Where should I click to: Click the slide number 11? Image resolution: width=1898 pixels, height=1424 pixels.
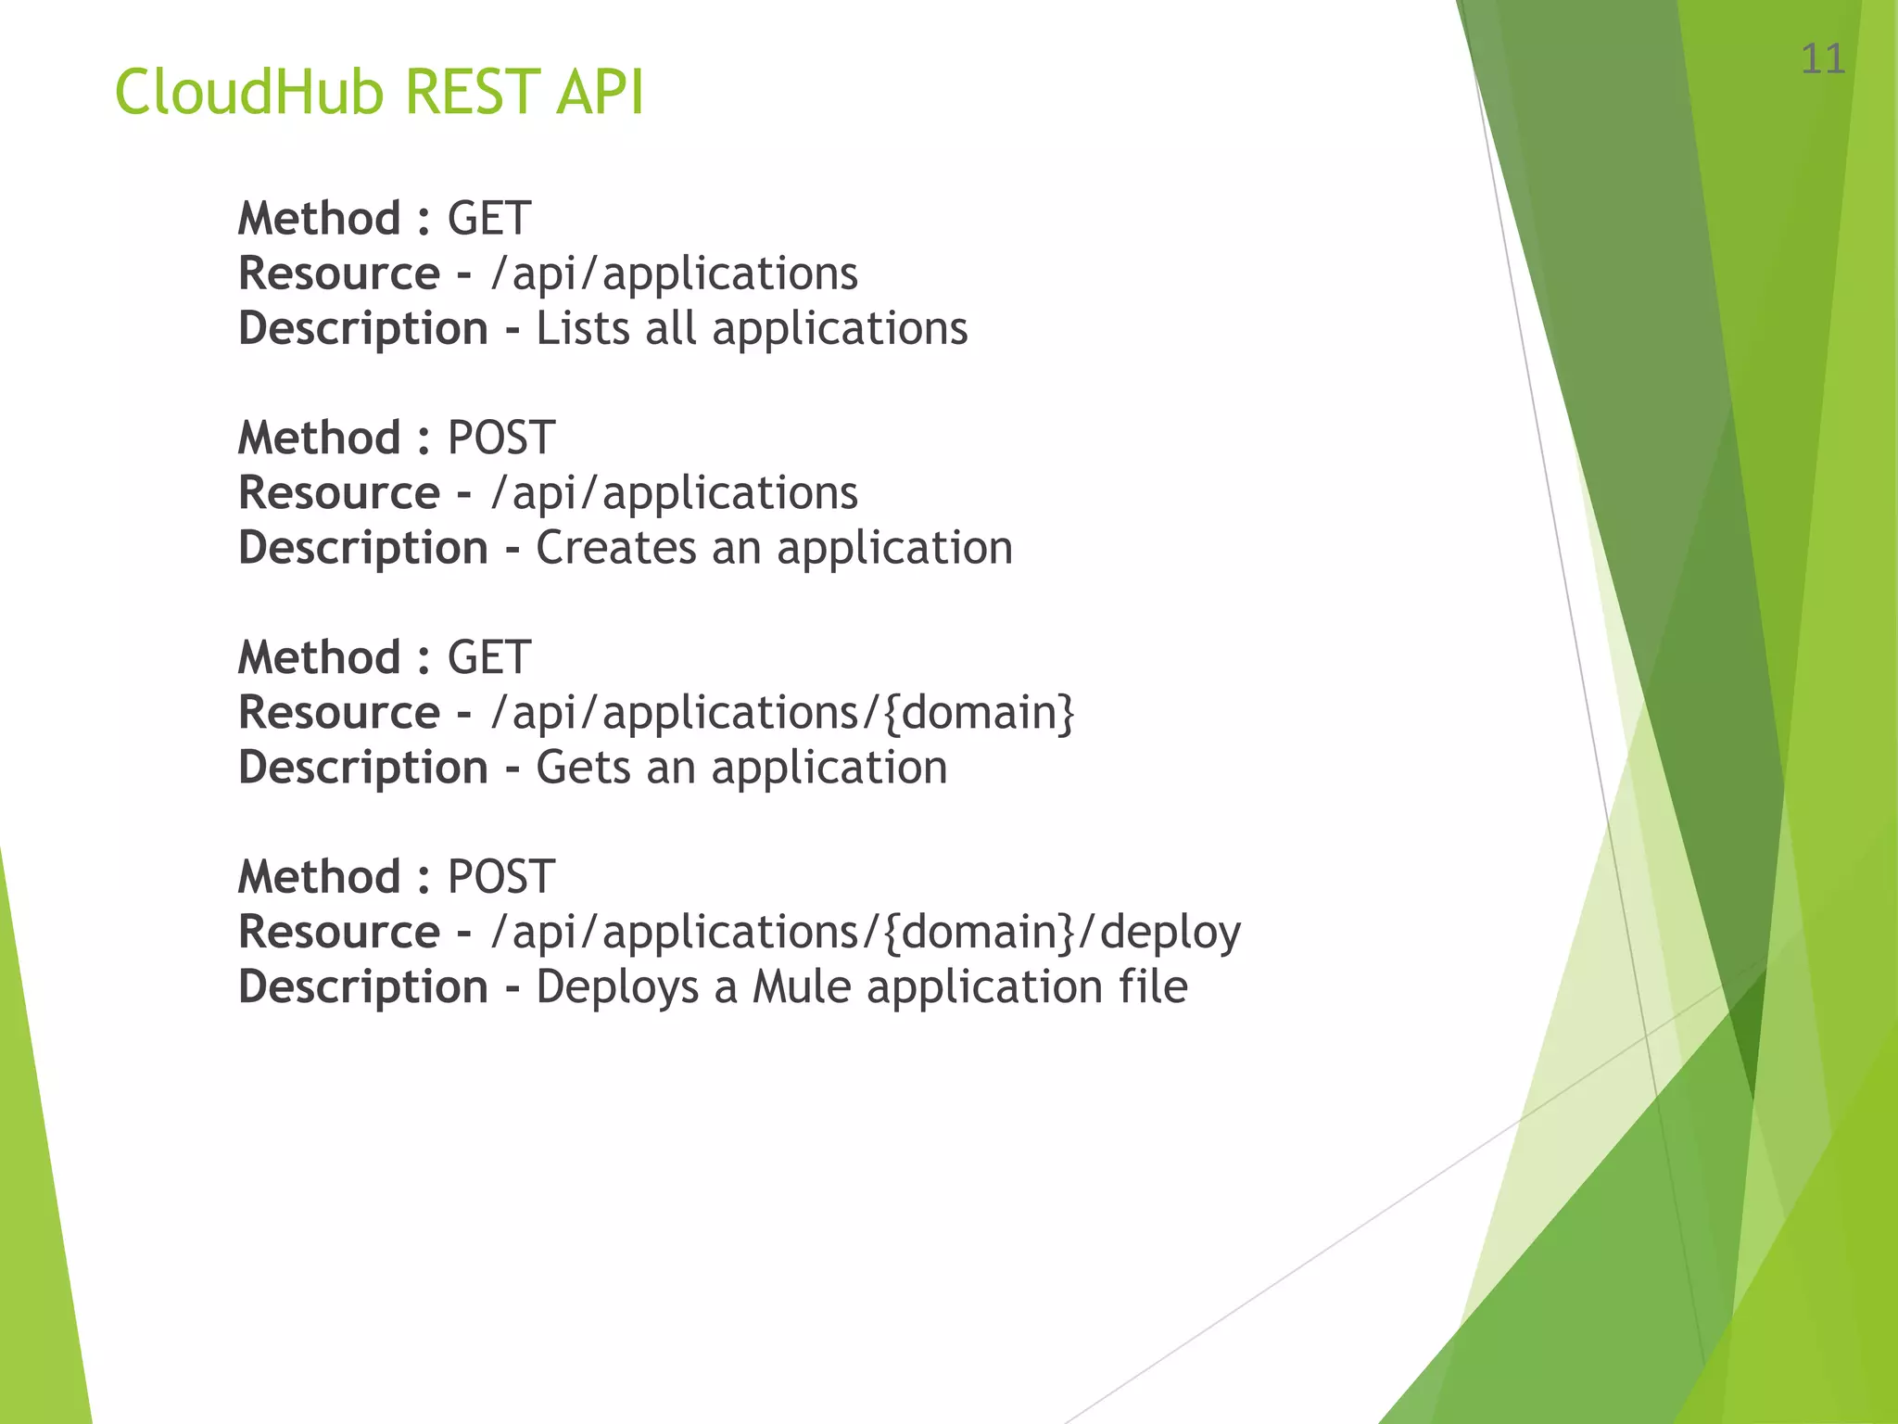1822,60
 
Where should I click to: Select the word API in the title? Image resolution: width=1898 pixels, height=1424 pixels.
600,93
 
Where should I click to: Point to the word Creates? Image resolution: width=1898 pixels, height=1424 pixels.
615,548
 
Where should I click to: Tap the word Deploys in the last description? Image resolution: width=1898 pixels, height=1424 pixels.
616,987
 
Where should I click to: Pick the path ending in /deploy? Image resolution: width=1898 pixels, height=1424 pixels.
866,933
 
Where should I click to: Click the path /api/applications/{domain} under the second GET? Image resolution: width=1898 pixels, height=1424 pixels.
782,713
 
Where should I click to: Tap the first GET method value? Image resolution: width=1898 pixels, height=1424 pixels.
488,220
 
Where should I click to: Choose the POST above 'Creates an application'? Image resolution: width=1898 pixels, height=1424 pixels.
500,439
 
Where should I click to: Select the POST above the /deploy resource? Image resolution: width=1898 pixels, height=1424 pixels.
500,877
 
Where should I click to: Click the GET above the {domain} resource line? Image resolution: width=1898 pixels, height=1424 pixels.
488,658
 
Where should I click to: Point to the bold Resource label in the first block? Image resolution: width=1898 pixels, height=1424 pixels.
338,273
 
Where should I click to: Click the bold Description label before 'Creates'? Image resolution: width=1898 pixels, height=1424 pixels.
362,548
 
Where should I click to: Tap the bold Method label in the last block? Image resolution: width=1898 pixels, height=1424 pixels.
319,877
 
